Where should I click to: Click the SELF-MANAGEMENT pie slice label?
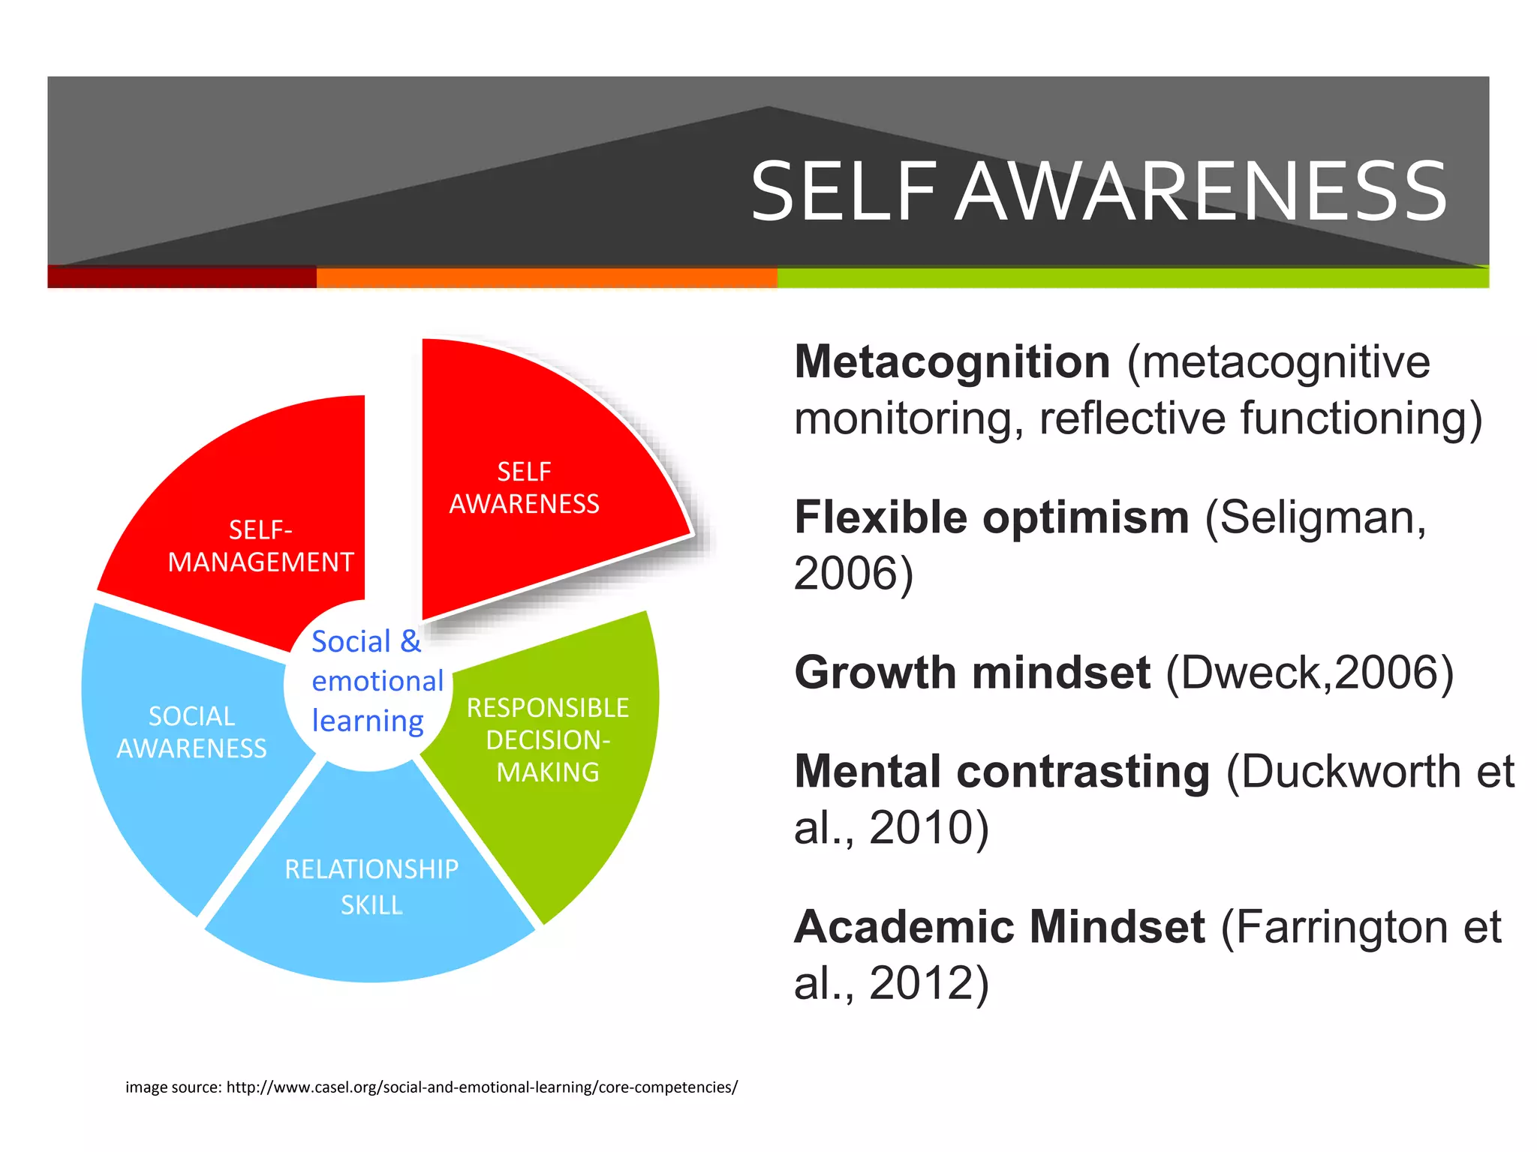coord(260,546)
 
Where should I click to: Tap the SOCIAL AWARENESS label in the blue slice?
coord(191,732)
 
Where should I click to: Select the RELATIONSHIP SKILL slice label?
coord(371,886)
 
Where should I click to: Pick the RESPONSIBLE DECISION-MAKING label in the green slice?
coord(548,739)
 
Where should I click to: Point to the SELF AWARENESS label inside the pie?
coord(524,487)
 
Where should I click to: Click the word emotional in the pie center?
coord(377,681)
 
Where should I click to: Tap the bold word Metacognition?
coord(952,362)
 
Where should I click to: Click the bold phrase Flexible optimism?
coord(991,517)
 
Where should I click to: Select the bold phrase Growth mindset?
coord(972,672)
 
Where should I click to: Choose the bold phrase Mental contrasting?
coord(1002,772)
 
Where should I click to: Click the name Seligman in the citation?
coord(1316,517)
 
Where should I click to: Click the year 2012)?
coord(929,982)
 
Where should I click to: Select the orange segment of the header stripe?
coord(546,277)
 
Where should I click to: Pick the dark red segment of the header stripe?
coord(182,277)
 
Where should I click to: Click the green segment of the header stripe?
coord(1132,277)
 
